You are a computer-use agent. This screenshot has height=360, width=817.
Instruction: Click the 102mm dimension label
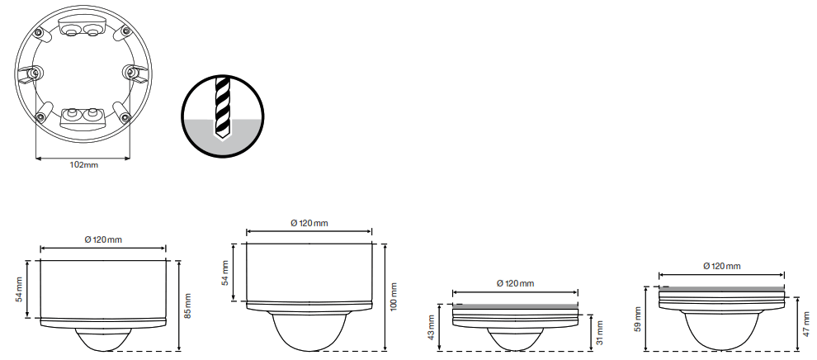83,165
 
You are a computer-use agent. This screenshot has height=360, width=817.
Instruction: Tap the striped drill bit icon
222,108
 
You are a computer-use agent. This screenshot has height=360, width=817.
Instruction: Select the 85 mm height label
187,306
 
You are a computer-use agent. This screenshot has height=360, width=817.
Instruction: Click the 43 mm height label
432,327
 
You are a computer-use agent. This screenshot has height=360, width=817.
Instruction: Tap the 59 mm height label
637,319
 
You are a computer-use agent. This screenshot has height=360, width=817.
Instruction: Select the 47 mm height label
806,323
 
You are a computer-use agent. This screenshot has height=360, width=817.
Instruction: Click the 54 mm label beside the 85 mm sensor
20,290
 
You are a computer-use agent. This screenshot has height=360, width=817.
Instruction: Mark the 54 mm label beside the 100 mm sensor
225,273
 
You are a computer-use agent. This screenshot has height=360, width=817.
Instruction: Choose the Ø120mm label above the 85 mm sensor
103,239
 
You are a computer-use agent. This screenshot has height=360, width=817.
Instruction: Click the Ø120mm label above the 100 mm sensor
309,223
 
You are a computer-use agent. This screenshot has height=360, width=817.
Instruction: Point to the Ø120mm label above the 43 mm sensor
515,283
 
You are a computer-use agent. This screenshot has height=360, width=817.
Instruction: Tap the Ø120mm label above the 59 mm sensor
721,266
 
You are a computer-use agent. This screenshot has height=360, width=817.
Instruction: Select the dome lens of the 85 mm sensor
103,338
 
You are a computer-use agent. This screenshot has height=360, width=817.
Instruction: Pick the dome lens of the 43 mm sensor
515,339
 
